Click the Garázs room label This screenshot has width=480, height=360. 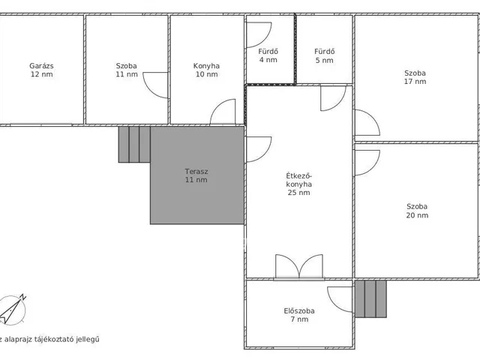coord(41,70)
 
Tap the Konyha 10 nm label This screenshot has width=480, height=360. coord(206,70)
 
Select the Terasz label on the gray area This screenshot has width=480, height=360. coord(196,175)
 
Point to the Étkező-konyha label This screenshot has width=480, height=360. coord(298,184)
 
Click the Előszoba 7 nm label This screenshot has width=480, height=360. coord(299,315)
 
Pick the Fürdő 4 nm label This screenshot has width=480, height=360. coord(268,55)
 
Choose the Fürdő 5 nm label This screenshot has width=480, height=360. coord(325,55)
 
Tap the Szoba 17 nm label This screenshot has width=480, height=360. coord(415,77)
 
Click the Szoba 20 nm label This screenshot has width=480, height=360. coord(417,211)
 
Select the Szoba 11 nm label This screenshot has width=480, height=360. coord(127,70)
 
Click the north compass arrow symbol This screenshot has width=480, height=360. coord(12,310)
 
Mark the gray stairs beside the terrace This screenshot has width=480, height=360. coord(134,145)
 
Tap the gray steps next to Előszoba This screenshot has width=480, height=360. coord(370,298)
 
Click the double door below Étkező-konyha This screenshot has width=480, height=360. coord(299,266)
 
